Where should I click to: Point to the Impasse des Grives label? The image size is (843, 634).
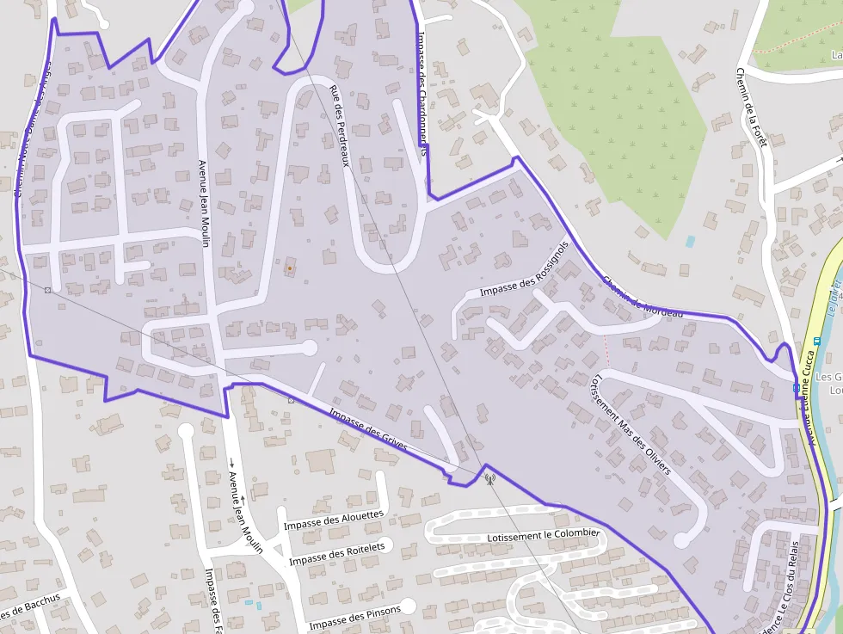(x=367, y=429)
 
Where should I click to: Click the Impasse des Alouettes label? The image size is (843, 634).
(x=334, y=520)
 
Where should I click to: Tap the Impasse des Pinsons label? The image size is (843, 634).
(x=354, y=617)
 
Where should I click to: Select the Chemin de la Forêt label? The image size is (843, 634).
(x=751, y=108)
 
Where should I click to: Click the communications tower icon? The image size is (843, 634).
(x=489, y=478)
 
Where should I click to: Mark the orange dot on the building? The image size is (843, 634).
(x=290, y=268)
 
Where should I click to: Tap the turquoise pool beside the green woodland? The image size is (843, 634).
(x=690, y=242)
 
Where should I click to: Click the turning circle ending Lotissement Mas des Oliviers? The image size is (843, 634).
(x=681, y=540)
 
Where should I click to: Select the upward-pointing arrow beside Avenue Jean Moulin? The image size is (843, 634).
(x=243, y=498)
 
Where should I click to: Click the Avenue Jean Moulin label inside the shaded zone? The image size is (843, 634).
(x=204, y=204)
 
